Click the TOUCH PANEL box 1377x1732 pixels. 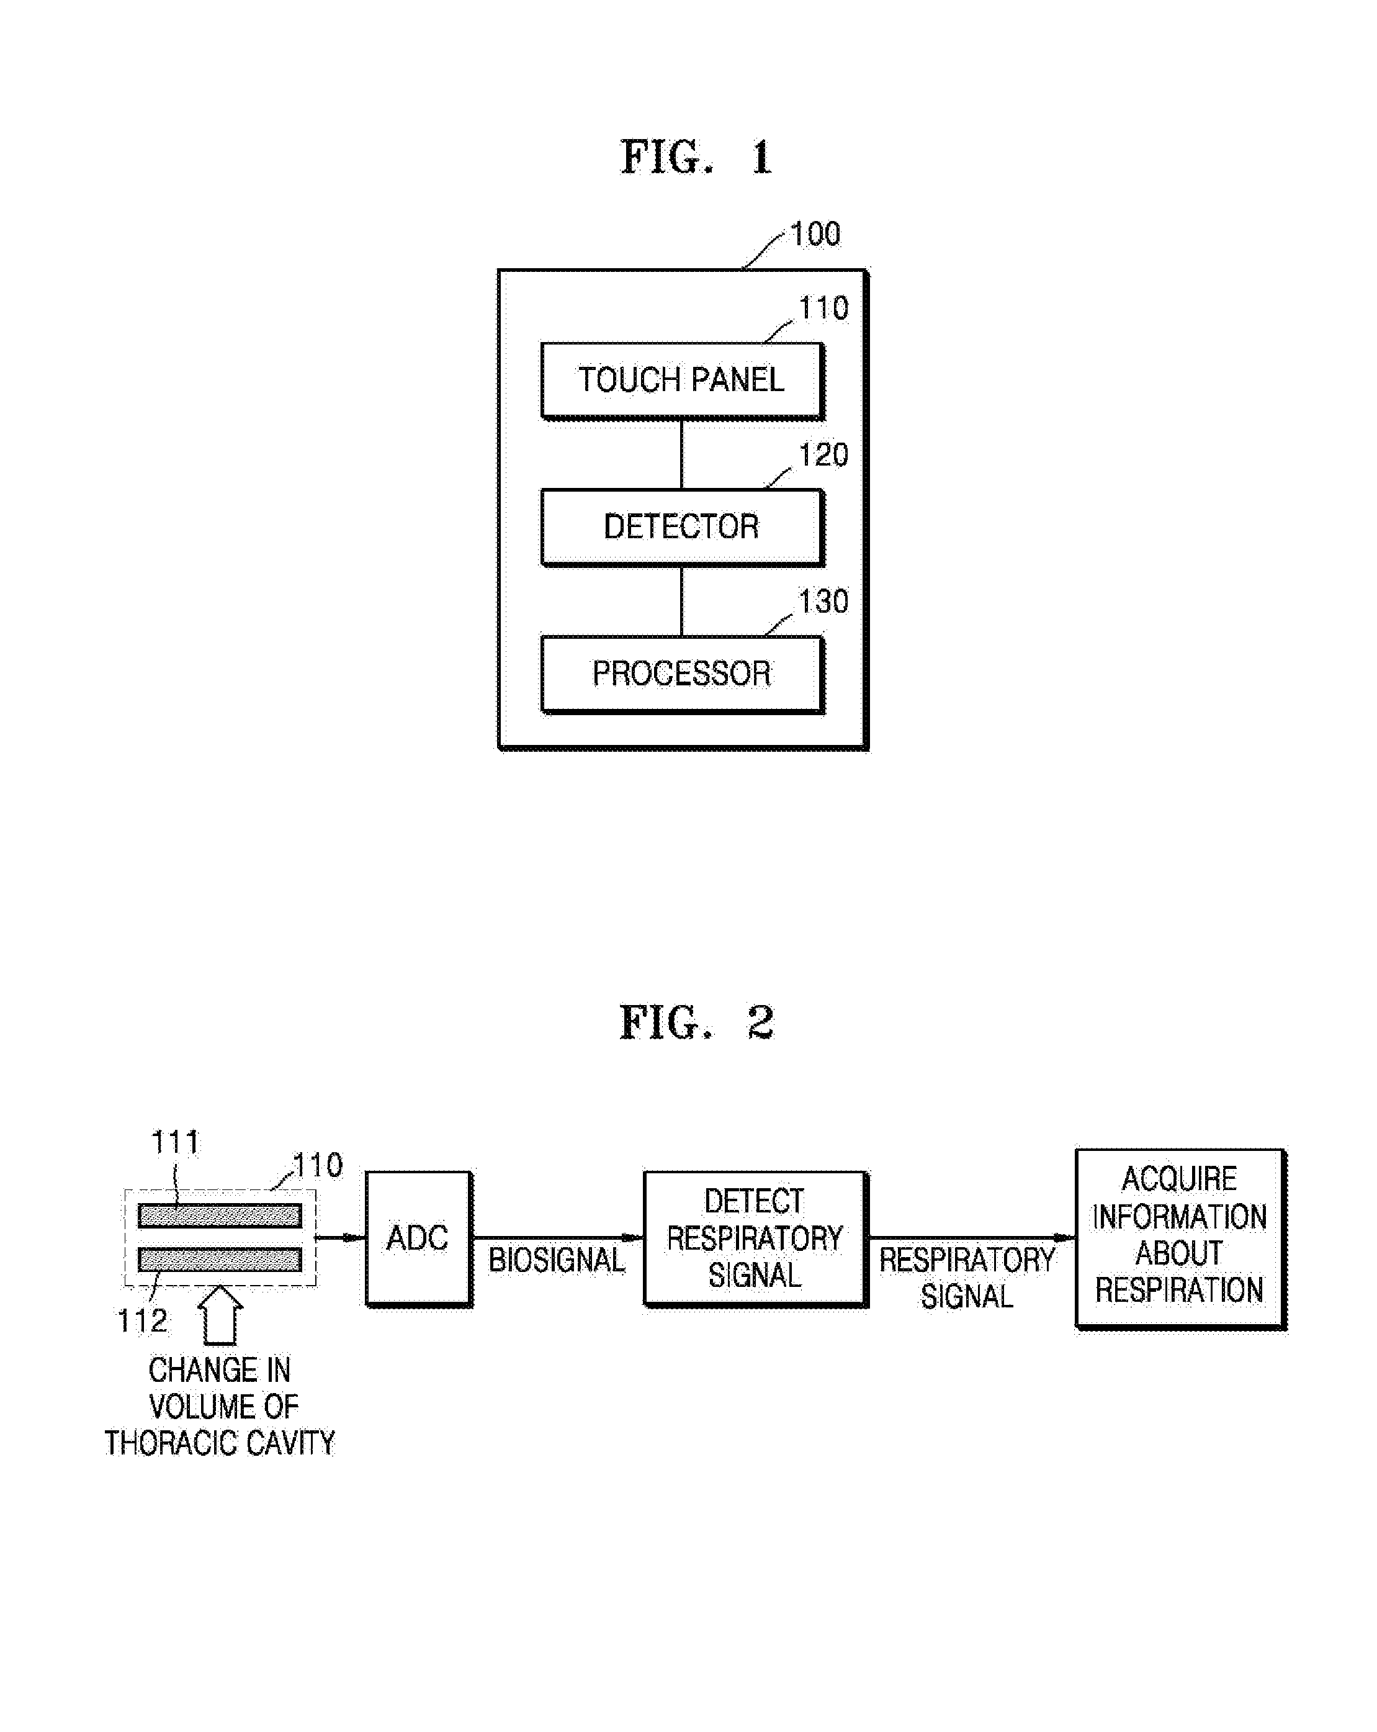(x=683, y=381)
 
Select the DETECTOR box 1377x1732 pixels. (x=683, y=528)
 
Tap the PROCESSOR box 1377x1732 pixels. (x=683, y=675)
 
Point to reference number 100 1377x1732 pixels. (x=815, y=235)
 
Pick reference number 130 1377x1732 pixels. (x=823, y=602)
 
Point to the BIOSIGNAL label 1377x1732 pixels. (x=557, y=1260)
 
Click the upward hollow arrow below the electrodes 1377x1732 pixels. (x=220, y=1315)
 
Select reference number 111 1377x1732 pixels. (x=175, y=1142)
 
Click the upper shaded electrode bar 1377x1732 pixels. (x=220, y=1216)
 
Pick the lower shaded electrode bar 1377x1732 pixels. (x=220, y=1259)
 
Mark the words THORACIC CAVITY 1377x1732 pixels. (x=219, y=1443)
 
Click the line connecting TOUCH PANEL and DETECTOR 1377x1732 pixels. (x=682, y=454)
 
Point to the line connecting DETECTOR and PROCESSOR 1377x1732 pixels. (x=682, y=602)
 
